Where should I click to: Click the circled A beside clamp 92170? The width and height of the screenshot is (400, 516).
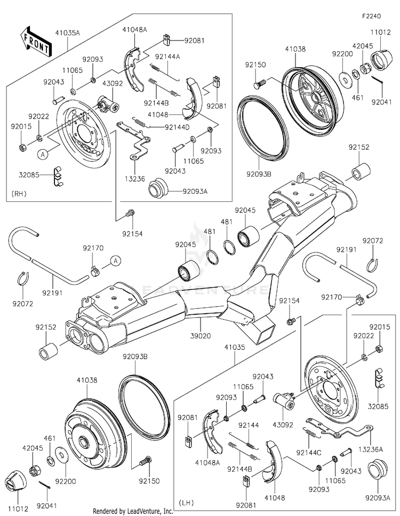114,260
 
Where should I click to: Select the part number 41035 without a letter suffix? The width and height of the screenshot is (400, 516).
235,347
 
